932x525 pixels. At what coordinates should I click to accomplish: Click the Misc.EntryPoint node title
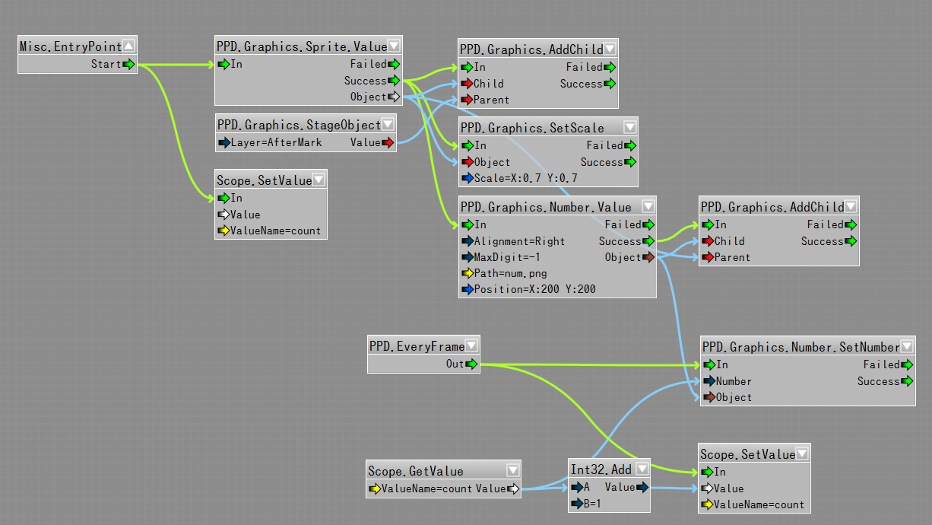70,46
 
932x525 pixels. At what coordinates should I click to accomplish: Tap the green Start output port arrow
129,64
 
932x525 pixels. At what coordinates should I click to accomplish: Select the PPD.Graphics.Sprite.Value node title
301,46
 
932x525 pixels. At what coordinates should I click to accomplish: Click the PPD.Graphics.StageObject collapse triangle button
388,124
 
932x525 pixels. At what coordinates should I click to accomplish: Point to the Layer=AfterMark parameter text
276,142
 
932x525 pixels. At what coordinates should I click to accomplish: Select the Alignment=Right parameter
519,241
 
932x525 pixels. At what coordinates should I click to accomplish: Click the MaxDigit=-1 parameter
507,257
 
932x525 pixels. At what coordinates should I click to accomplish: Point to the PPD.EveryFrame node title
417,346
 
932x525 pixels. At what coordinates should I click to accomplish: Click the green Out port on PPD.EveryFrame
472,364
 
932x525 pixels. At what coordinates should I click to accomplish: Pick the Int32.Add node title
601,469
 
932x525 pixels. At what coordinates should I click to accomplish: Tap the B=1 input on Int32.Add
591,503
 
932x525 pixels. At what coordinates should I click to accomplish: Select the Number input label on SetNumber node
734,381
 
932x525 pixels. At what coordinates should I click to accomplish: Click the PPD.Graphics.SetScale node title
532,128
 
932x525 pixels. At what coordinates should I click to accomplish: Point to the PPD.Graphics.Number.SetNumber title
800,347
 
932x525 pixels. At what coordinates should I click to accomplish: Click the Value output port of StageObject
388,142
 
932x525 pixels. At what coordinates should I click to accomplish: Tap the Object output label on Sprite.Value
368,97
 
